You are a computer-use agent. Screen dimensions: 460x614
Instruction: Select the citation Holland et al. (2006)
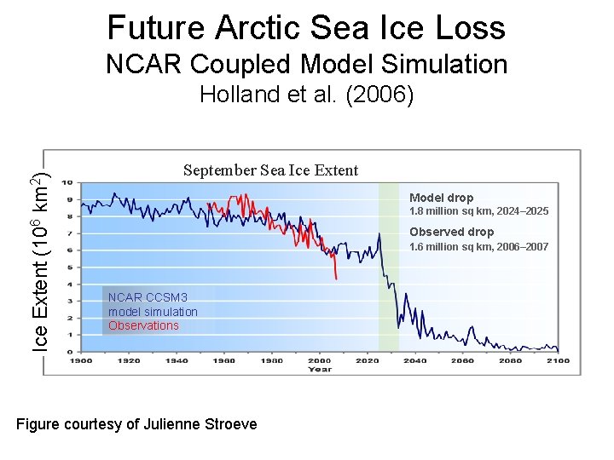pyautogui.click(x=306, y=95)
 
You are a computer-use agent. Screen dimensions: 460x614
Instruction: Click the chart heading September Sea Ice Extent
pyautogui.click(x=270, y=170)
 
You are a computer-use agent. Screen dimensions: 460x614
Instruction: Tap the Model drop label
pyautogui.click(x=441, y=198)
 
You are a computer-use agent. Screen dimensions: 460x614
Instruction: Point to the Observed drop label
pyautogui.click(x=451, y=232)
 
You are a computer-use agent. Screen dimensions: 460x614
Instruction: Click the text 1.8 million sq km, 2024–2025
pyautogui.click(x=478, y=211)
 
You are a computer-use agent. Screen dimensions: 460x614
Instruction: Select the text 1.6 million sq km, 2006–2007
pyautogui.click(x=478, y=247)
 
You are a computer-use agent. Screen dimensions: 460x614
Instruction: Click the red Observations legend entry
pyautogui.click(x=143, y=325)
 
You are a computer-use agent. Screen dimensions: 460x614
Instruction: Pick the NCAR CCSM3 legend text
pyautogui.click(x=136, y=297)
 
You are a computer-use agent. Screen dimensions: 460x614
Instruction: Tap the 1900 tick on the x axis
pyautogui.click(x=81, y=360)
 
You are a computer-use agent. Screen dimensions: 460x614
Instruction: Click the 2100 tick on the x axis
pyautogui.click(x=558, y=360)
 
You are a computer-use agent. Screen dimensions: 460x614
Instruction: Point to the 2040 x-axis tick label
pyautogui.click(x=414, y=360)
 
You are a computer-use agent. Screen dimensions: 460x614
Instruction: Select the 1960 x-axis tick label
pyautogui.click(x=224, y=360)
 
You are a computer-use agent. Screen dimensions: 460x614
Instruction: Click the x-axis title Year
pyautogui.click(x=320, y=369)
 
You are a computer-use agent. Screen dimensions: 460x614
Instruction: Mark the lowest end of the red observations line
pyautogui.click(x=337, y=279)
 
